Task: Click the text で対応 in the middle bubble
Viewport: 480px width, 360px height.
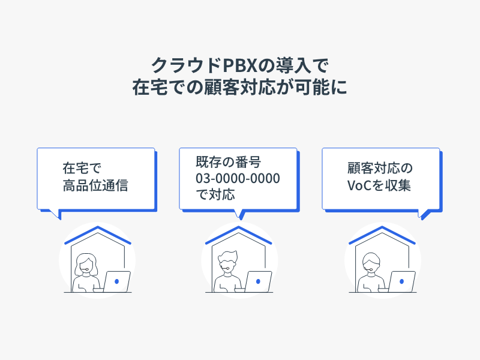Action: (x=214, y=194)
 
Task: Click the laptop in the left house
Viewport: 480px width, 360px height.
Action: (x=116, y=281)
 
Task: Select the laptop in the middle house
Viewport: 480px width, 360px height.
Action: (x=259, y=281)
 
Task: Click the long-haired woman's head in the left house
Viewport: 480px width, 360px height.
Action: (x=86, y=264)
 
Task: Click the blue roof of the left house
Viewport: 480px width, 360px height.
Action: (x=97, y=235)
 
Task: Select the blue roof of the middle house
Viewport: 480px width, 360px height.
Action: (x=239, y=235)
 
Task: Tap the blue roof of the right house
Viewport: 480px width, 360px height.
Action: (x=382, y=235)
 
